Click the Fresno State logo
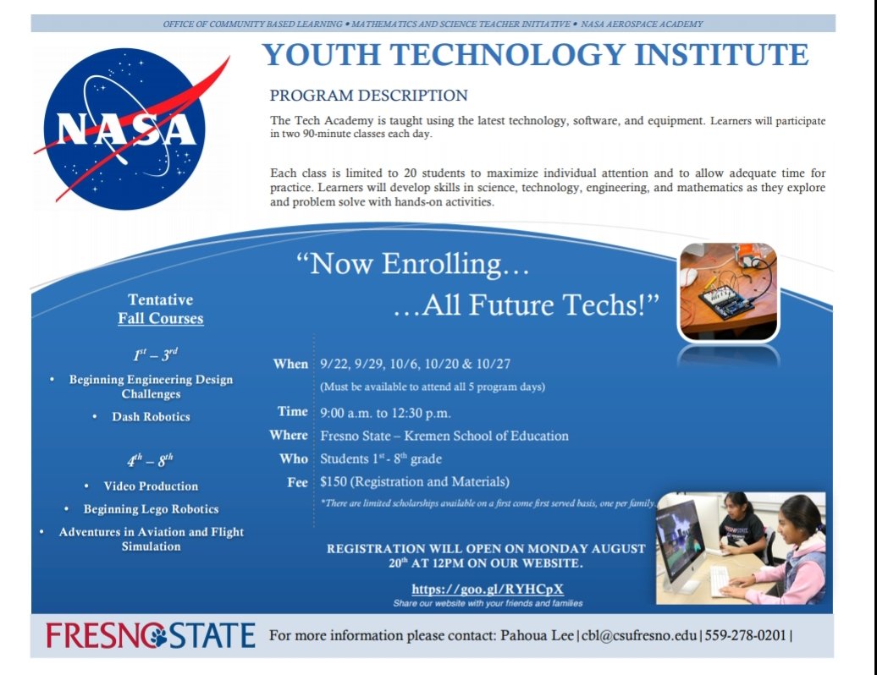pyautogui.click(x=151, y=635)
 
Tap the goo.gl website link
pyautogui.click(x=488, y=590)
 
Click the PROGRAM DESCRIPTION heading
pyautogui.click(x=368, y=96)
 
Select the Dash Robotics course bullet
pyautogui.click(x=151, y=417)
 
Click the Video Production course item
pyautogui.click(x=151, y=486)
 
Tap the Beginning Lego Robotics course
pyautogui.click(x=151, y=509)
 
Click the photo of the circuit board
pyautogui.click(x=728, y=291)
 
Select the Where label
pyautogui.click(x=289, y=436)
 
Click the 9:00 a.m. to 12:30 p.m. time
pyautogui.click(x=385, y=414)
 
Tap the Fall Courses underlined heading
pyautogui.click(x=161, y=319)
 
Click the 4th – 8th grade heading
pyautogui.click(x=151, y=461)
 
